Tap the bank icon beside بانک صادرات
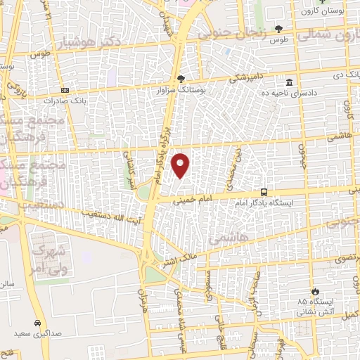point(65,90)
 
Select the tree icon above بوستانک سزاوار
point(181,78)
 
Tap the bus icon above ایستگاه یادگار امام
point(264,191)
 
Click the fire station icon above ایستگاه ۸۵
point(316,290)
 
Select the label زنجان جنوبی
point(232,32)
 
